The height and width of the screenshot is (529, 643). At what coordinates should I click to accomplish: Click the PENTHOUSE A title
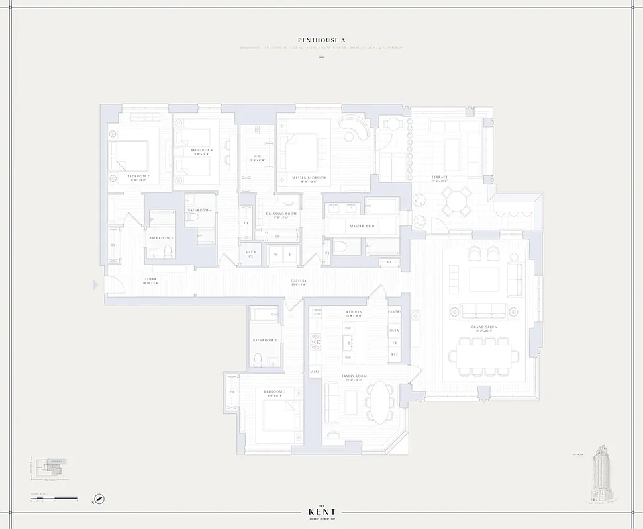(x=321, y=40)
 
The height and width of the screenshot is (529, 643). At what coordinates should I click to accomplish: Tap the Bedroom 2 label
(x=138, y=176)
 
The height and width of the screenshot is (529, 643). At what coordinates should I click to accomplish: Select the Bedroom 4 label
(x=201, y=150)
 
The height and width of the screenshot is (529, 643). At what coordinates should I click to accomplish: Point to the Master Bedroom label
(x=309, y=177)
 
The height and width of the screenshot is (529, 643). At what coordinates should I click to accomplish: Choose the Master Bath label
(x=362, y=227)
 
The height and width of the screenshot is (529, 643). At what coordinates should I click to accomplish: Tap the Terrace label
(x=440, y=177)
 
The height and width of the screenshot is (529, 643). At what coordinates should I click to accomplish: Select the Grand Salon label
(x=479, y=327)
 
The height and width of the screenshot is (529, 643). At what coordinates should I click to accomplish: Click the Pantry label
(x=395, y=311)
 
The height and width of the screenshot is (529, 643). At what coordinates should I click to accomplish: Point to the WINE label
(x=315, y=372)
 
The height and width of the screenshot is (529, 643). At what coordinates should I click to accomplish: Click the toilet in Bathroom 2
(x=167, y=249)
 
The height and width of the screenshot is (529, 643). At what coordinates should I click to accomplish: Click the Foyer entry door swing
(x=114, y=286)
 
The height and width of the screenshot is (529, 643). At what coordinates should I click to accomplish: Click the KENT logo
(x=321, y=512)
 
